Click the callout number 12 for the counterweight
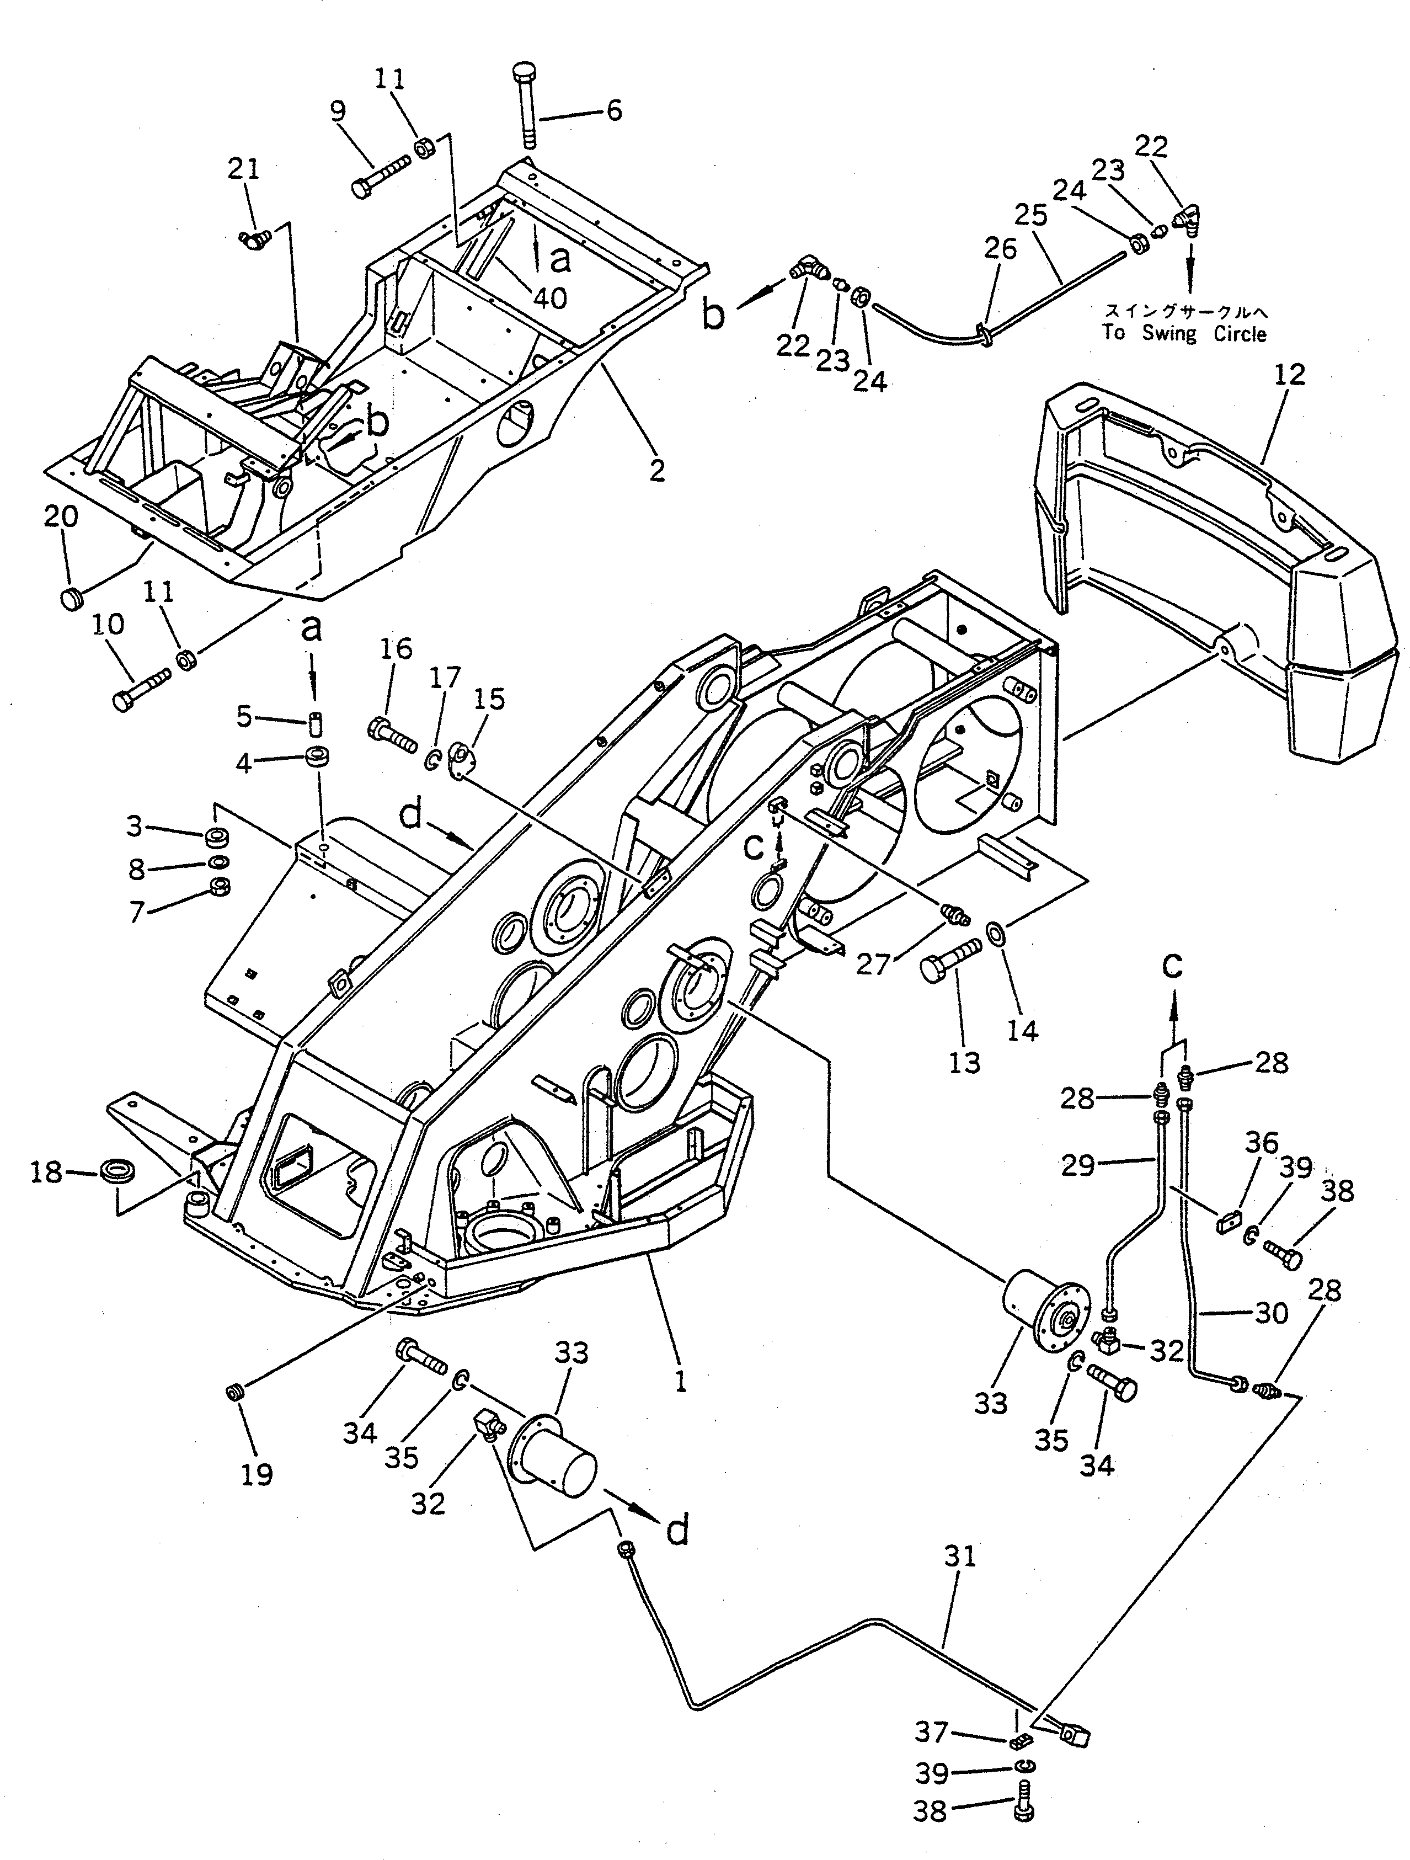click(x=1289, y=375)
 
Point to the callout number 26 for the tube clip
click(x=999, y=249)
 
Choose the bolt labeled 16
click(x=392, y=734)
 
